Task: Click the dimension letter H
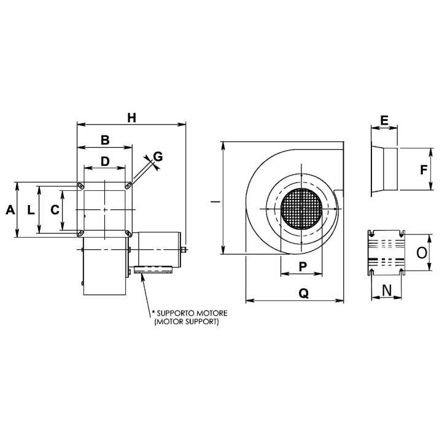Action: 131,117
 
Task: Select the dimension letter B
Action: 105,140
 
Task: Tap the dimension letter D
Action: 105,161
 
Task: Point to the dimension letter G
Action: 158,157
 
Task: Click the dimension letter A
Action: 9,210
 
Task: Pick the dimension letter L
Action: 31,210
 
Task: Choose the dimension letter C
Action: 55,210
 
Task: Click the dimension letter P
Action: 303,266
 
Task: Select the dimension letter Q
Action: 303,293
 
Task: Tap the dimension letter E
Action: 384,120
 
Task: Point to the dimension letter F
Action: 424,170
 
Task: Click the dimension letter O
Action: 421,252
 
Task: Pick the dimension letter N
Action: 387,289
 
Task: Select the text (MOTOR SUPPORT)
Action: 187,321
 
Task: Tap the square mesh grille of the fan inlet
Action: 301,209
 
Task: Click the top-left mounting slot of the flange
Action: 80,185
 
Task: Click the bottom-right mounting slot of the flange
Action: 128,233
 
